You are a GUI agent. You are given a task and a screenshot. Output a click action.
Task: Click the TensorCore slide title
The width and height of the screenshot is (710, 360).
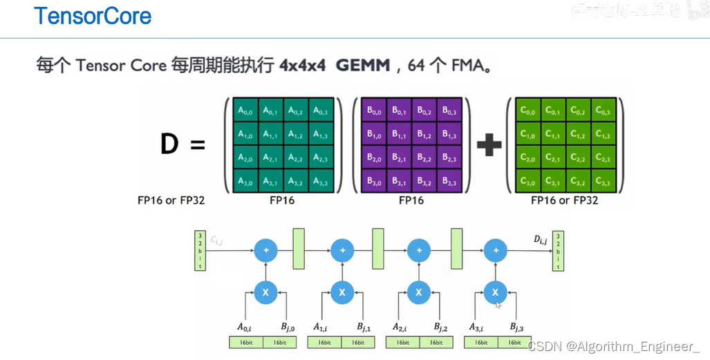[x=93, y=17]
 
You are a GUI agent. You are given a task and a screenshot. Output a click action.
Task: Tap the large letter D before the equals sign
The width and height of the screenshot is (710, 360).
[x=170, y=144]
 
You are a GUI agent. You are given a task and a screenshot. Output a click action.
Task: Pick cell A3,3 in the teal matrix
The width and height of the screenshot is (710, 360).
[x=320, y=181]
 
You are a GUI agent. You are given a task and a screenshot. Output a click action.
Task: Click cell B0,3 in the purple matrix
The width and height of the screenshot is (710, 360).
[x=449, y=109]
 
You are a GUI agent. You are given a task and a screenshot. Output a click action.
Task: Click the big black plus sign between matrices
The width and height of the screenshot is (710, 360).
[x=489, y=145]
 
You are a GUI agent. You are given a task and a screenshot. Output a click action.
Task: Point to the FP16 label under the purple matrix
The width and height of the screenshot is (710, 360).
[x=411, y=200]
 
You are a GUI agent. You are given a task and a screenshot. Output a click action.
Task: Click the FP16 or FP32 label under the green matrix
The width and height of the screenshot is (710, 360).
[x=565, y=200]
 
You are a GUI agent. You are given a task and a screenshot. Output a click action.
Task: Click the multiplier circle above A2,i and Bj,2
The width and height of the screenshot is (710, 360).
[x=418, y=292]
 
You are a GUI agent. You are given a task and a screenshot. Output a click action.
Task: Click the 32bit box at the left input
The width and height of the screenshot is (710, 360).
[x=200, y=251]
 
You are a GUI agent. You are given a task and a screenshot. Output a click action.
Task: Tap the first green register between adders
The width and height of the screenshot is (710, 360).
[x=299, y=249]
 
